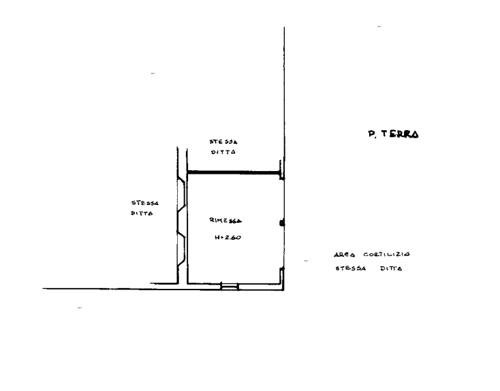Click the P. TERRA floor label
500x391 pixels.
(x=393, y=134)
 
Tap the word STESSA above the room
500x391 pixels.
(x=223, y=140)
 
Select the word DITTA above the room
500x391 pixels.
(x=223, y=153)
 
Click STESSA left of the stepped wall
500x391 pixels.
(x=144, y=203)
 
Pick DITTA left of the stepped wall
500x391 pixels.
(x=142, y=213)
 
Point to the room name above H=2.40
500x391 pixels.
(x=225, y=221)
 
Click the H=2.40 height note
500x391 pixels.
(x=228, y=238)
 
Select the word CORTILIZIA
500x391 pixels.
(x=386, y=255)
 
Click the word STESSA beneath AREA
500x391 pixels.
(x=350, y=268)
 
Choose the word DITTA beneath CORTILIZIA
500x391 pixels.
(x=392, y=268)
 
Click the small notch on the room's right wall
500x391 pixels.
(x=283, y=223)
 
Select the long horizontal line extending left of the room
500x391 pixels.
(x=102, y=288)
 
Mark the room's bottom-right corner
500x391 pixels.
(x=283, y=289)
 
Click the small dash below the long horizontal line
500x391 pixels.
(x=80, y=309)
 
